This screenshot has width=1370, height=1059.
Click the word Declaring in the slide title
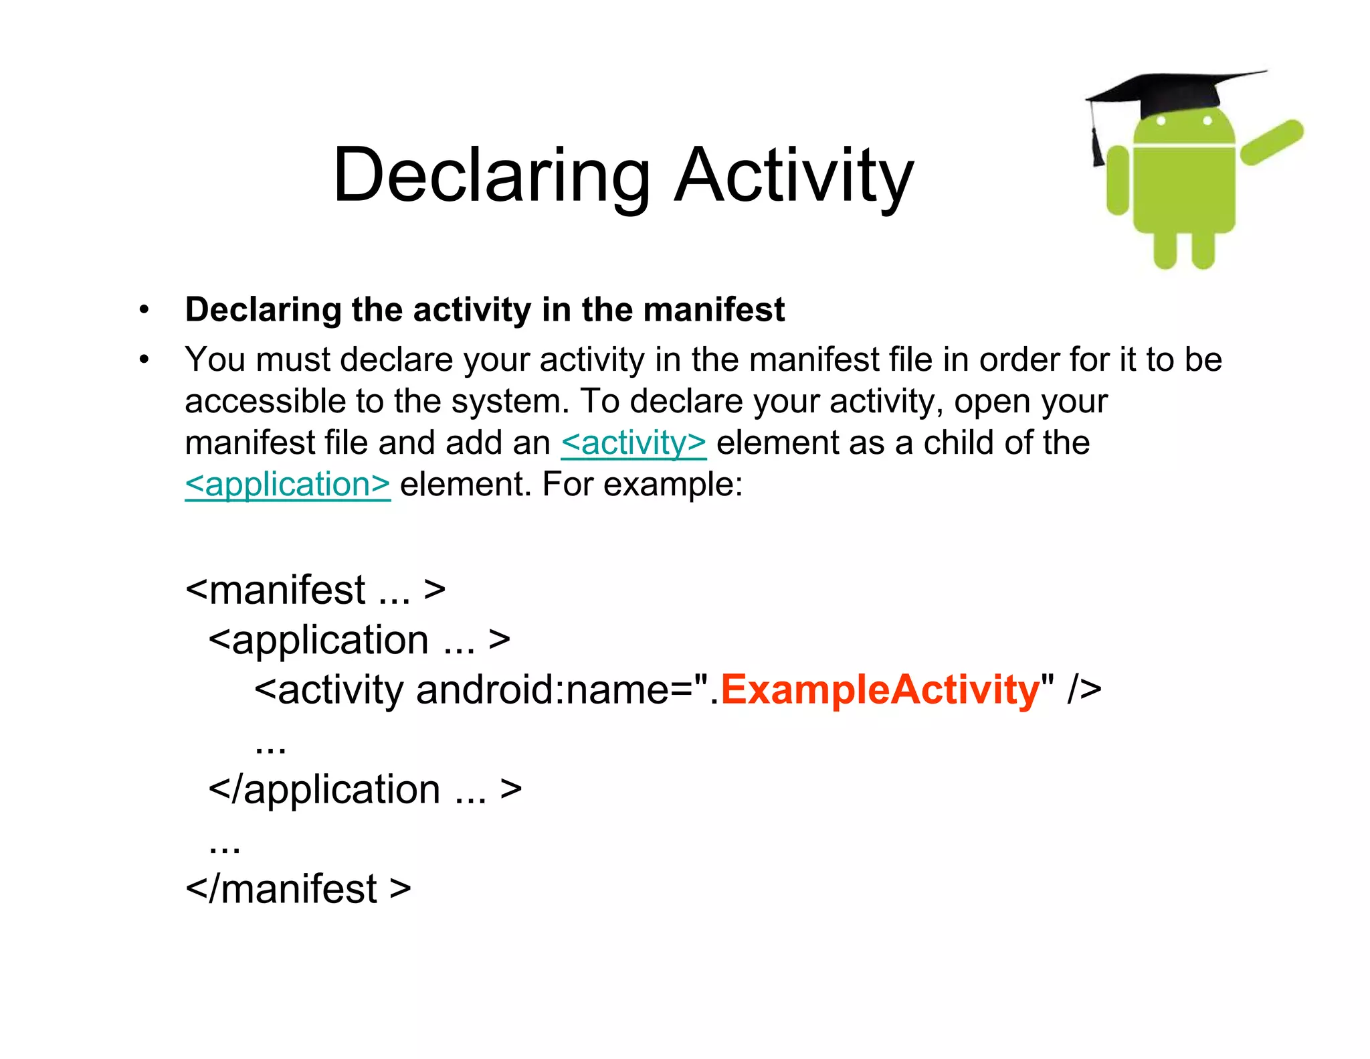492,175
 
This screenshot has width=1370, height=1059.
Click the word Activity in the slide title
793,175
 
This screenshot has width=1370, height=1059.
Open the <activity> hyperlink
633,443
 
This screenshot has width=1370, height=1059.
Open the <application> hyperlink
288,485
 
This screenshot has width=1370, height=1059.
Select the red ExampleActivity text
880,689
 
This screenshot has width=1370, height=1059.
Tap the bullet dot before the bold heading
144,310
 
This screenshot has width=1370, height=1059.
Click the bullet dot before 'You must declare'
144,360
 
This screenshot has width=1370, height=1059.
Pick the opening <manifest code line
315,590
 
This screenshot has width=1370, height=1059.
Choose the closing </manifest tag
298,889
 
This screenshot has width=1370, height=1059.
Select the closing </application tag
365,790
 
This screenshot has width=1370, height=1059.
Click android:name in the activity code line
542,689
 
